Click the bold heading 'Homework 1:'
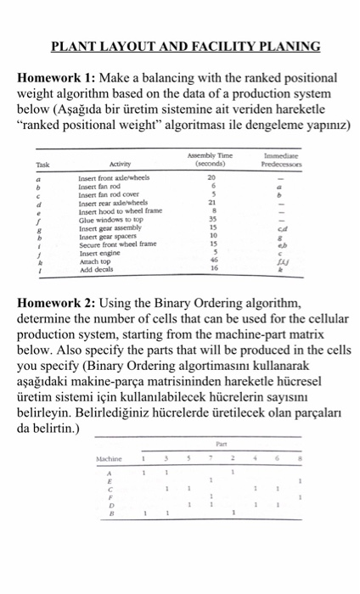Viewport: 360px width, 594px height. click(57, 76)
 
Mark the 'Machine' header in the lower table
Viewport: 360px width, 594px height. click(111, 459)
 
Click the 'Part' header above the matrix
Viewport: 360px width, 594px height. click(222, 440)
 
